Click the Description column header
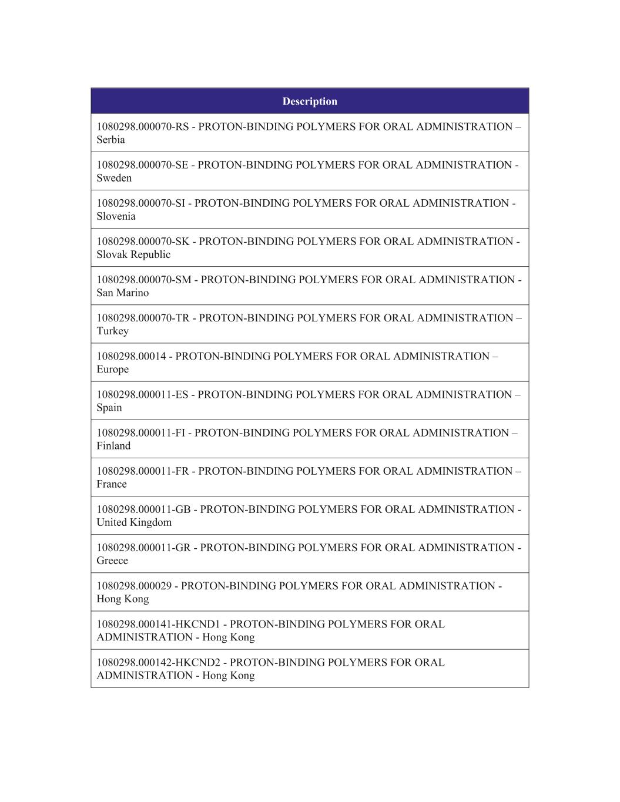click(310, 101)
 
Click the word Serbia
click(110, 140)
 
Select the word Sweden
click(114, 178)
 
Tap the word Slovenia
click(116, 216)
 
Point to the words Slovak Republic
click(133, 254)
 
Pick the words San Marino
click(122, 293)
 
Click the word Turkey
click(112, 331)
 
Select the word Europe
click(112, 369)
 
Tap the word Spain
click(109, 407)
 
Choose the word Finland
click(113, 445)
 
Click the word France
click(112, 484)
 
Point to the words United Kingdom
click(134, 522)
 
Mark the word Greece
click(112, 560)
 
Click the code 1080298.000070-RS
click(143, 127)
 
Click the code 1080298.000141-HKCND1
click(158, 624)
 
